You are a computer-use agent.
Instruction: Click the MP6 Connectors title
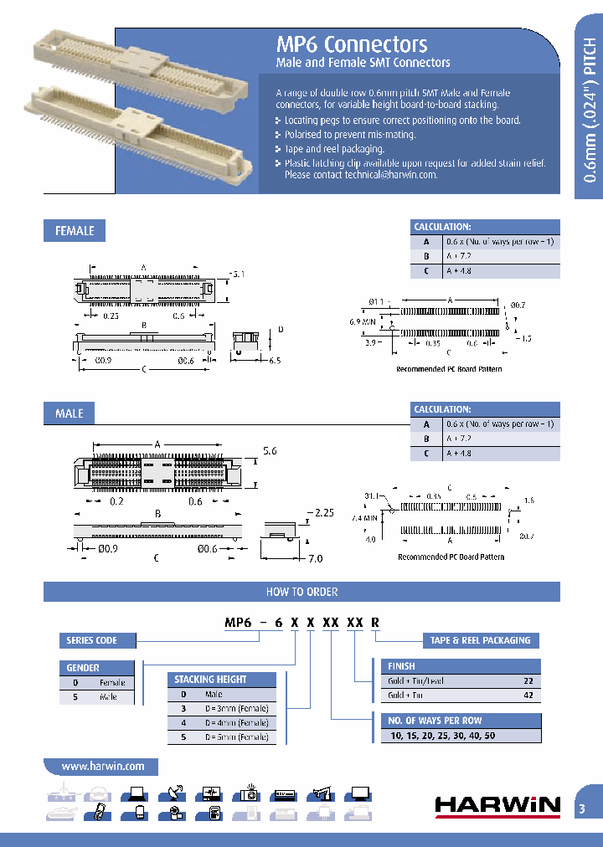click(x=352, y=45)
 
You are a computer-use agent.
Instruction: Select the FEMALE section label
click(x=75, y=230)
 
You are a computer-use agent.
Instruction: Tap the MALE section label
click(x=69, y=413)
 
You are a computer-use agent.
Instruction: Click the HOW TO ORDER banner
click(x=301, y=592)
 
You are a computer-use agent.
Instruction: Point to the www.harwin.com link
click(x=100, y=766)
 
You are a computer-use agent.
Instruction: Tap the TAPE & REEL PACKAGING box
click(x=480, y=640)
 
